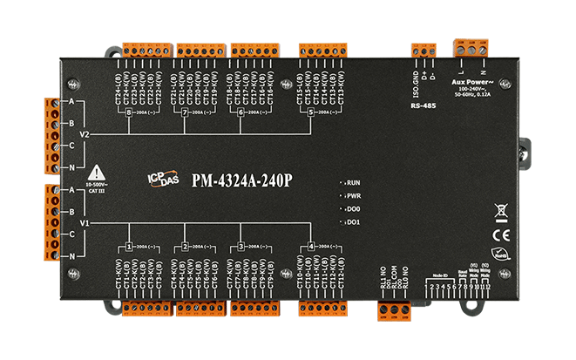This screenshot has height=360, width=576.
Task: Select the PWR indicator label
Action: click(353, 197)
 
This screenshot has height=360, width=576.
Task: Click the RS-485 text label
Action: click(423, 106)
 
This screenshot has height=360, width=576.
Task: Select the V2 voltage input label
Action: click(84, 135)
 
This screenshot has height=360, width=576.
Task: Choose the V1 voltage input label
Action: click(84, 224)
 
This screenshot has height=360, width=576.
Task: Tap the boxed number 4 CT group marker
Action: click(311, 247)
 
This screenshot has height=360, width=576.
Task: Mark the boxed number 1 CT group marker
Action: click(128, 247)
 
